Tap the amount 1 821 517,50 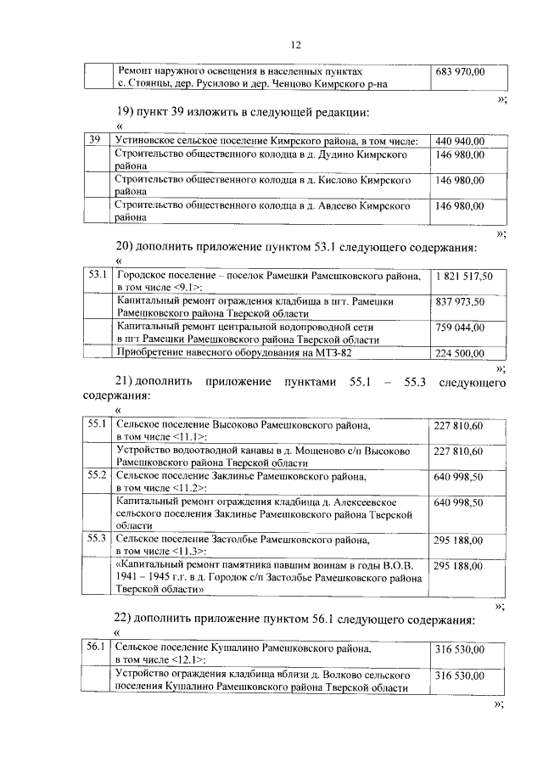tap(463, 277)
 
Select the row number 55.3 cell tap(98, 539)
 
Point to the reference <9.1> tap(184, 289)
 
